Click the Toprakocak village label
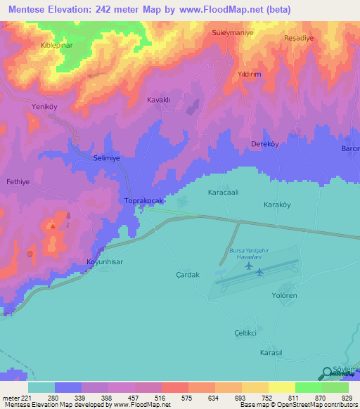(143, 201)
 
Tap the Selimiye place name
(107, 159)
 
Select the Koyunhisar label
(105, 260)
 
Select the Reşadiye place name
(297, 38)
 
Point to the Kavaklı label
(159, 100)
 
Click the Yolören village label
(285, 296)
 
